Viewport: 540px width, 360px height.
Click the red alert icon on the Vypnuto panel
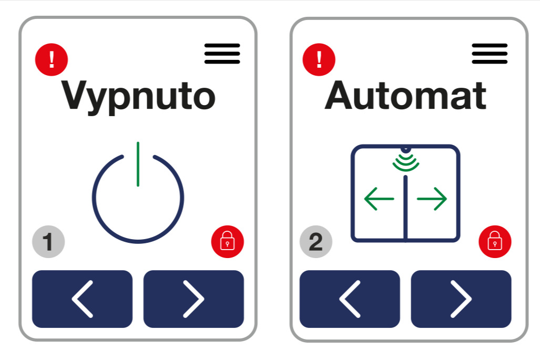point(52,59)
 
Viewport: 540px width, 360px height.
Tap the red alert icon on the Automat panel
point(319,59)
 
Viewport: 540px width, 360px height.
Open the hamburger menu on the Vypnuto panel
point(222,54)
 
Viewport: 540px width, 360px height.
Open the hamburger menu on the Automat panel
point(490,54)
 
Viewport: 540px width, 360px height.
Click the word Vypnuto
point(138,96)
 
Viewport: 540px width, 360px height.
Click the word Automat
point(406,95)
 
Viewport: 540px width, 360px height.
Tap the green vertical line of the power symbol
point(138,164)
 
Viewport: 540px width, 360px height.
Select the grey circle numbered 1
point(48,242)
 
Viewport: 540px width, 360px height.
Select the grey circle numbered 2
point(316,242)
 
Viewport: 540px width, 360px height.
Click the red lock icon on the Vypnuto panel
point(228,242)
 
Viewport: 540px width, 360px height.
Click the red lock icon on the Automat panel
point(495,242)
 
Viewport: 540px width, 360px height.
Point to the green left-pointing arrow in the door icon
point(379,199)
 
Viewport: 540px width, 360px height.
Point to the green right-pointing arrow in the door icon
point(432,199)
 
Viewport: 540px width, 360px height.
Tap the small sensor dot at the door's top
point(406,149)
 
